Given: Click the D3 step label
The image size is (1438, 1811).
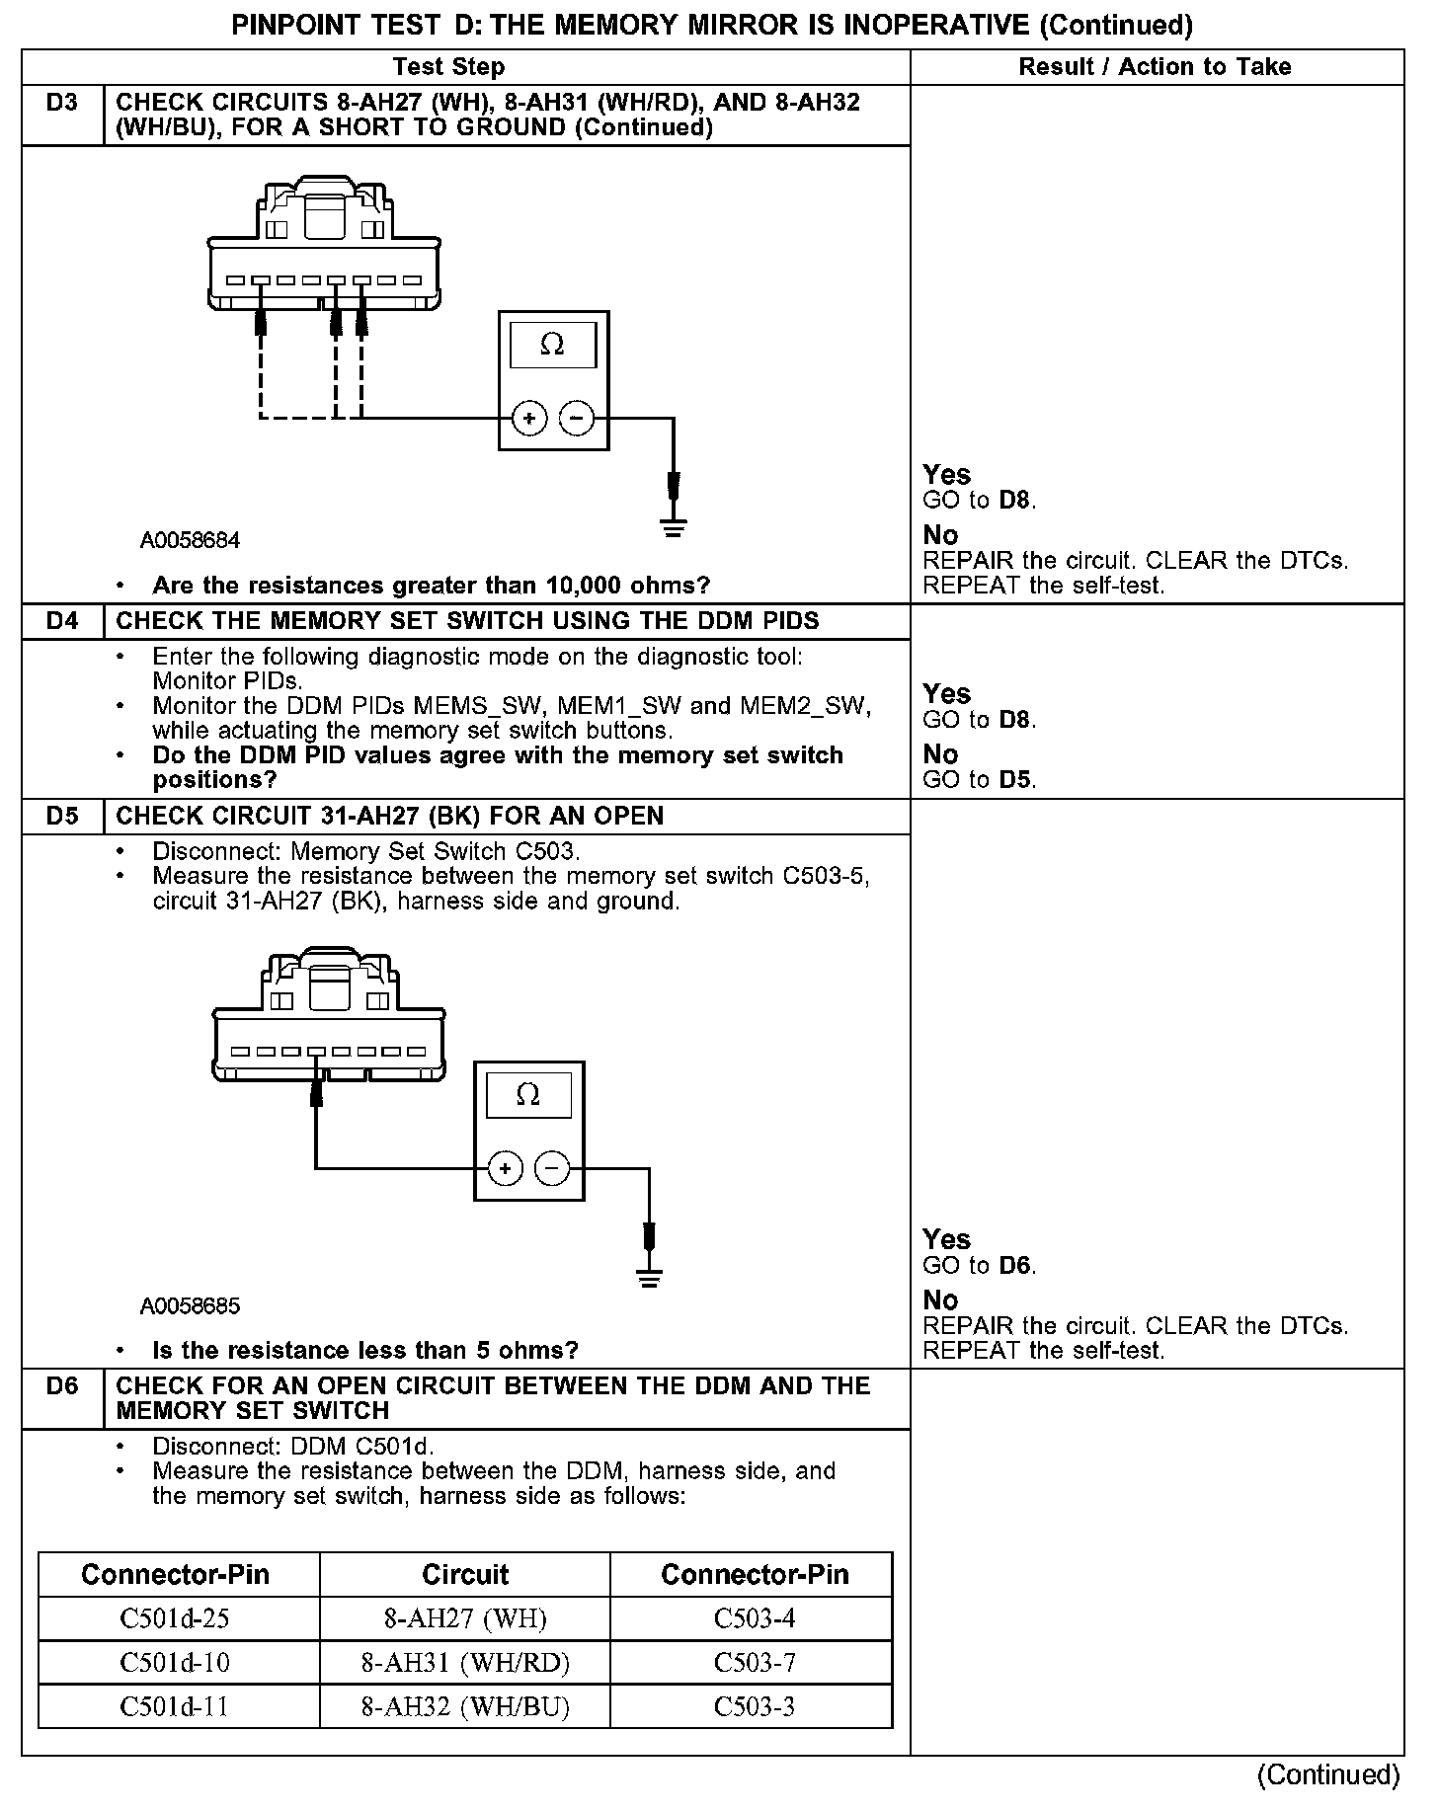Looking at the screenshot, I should click(61, 103).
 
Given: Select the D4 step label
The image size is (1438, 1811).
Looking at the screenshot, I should click(61, 621).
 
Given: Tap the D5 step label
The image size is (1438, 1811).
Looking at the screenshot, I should click(61, 816).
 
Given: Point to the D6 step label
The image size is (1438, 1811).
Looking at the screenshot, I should click(61, 1385).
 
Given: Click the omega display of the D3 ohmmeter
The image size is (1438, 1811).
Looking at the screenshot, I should click(552, 345).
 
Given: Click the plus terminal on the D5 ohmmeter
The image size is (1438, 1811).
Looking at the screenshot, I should click(506, 1169).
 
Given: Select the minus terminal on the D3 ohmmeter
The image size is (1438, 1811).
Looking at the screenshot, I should click(577, 419).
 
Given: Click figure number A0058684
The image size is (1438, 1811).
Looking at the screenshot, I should click(190, 541).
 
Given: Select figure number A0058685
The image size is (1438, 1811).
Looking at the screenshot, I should click(190, 1306).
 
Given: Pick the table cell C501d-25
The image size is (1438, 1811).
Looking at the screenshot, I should click(175, 1618).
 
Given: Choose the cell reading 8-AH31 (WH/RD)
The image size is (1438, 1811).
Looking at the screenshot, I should click(465, 1663).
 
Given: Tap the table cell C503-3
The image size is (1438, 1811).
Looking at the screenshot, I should click(754, 1706).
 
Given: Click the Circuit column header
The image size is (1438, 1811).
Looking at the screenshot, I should click(465, 1574).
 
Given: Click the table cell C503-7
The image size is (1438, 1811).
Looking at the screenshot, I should click(754, 1663).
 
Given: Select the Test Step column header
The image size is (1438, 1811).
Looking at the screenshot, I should click(448, 67).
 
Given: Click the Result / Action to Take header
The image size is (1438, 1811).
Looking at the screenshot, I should click(1155, 67).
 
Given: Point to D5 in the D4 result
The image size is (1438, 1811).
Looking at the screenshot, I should click(1015, 780).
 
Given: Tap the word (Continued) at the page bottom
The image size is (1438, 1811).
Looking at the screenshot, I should click(1328, 1774).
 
